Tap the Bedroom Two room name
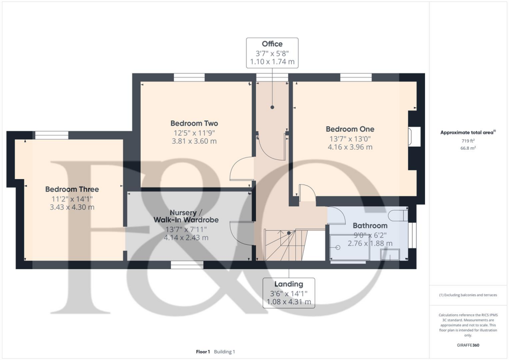[x=194, y=123]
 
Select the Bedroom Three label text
[x=72, y=189]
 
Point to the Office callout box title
[x=272, y=44]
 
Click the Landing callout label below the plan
[x=288, y=284]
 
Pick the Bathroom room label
[x=370, y=225]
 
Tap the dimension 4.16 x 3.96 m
[x=350, y=147]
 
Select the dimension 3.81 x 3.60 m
[x=194, y=141]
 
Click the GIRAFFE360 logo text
[x=469, y=345]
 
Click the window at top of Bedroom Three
[x=51, y=135]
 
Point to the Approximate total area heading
[x=467, y=132]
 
